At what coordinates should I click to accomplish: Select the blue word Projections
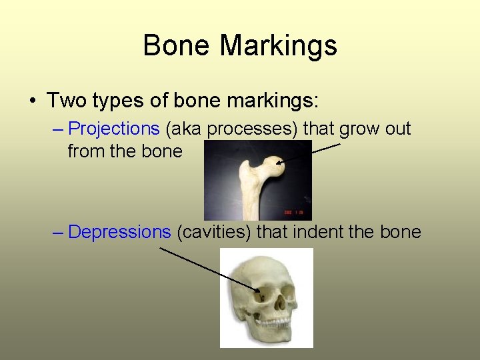[x=114, y=128]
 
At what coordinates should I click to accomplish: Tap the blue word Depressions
[x=120, y=232]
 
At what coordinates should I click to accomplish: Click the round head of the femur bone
[x=273, y=165]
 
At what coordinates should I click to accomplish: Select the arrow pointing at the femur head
[x=310, y=153]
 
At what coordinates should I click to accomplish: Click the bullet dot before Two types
[x=32, y=101]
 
